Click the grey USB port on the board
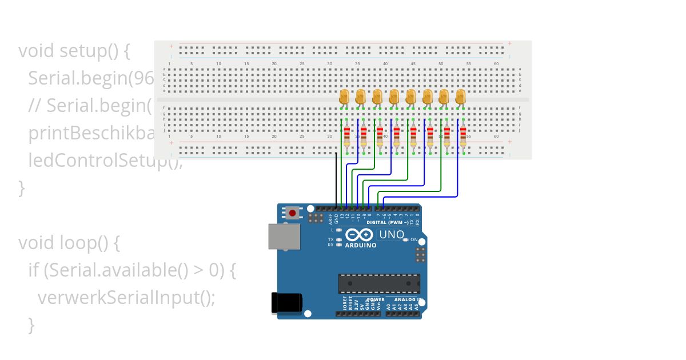[x=284, y=236]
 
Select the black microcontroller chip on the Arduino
[x=379, y=283]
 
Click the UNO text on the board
[x=392, y=234]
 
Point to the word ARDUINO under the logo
[x=361, y=246]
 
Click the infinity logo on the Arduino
[x=360, y=235]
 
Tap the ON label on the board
[x=414, y=239]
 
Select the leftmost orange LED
[x=344, y=96]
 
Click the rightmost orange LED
[x=461, y=96]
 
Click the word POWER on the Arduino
[x=376, y=299]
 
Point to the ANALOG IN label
[x=408, y=299]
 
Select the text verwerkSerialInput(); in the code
[x=126, y=298]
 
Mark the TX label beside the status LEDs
[x=330, y=239]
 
